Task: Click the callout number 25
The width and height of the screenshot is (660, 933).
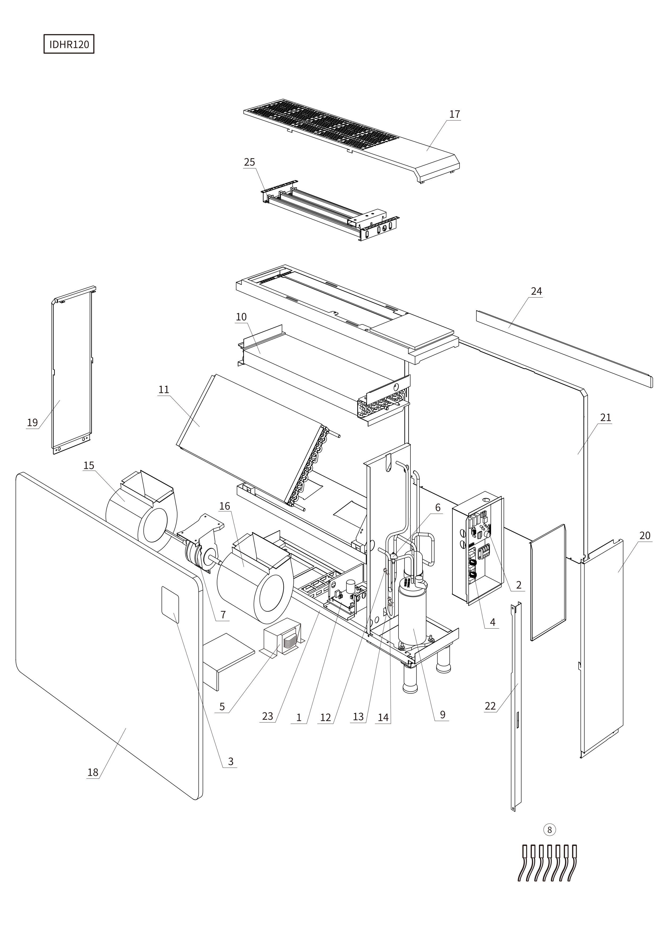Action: [249, 162]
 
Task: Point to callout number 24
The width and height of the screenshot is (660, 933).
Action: [536, 291]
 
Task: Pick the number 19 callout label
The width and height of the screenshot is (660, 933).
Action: [32, 422]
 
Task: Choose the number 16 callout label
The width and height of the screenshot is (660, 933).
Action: [225, 506]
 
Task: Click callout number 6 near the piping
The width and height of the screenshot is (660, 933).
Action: [438, 508]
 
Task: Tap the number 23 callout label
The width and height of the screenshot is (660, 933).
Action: [267, 716]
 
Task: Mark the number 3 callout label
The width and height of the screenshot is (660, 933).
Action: [231, 761]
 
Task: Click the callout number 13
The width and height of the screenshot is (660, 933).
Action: [358, 717]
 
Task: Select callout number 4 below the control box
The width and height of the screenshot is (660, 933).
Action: [492, 622]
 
